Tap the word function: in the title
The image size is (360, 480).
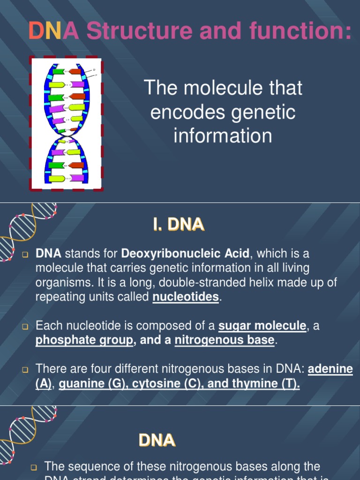(x=300, y=31)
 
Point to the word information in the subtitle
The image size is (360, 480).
(x=223, y=136)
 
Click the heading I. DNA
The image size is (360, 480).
(x=179, y=225)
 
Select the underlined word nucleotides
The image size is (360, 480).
(x=186, y=297)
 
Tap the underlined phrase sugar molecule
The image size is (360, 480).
(x=262, y=325)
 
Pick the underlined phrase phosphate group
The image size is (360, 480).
(x=84, y=340)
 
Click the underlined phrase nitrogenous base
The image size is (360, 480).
(x=224, y=340)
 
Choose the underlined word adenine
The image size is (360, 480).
(x=330, y=369)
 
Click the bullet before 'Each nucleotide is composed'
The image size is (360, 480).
(x=25, y=326)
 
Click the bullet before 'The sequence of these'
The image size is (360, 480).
(x=34, y=467)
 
